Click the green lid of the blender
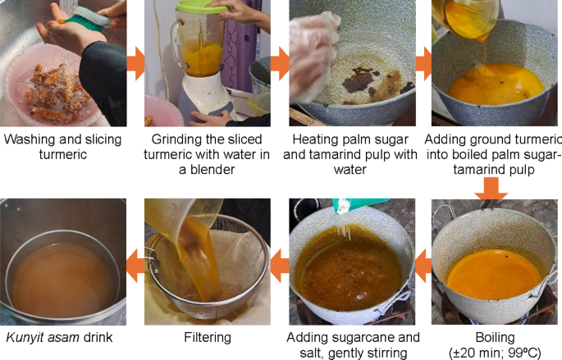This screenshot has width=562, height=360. [x=196, y=7]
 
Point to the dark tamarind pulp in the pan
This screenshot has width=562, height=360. [x=359, y=80]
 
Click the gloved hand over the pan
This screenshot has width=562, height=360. [x=312, y=54]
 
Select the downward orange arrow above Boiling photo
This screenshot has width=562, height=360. [x=491, y=188]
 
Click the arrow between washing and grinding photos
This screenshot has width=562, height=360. [x=135, y=63]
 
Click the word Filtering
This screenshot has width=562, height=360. [x=208, y=337]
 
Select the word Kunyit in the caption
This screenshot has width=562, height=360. [x=23, y=337]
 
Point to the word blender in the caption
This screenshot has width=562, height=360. [x=212, y=170]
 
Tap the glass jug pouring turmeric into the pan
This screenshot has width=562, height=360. [x=466, y=18]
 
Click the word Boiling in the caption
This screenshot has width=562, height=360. [x=495, y=337]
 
